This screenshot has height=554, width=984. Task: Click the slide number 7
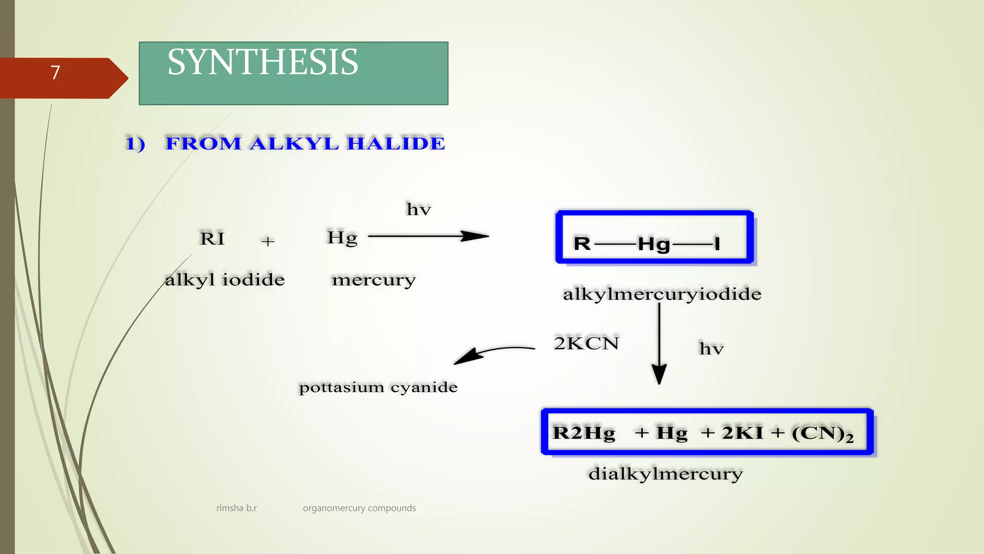(55, 73)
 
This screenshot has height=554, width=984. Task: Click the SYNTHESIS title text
(262, 63)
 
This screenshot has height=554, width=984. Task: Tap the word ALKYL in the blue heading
(294, 143)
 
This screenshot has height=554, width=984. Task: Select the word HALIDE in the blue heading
(396, 143)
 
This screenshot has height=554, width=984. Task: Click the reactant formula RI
(212, 239)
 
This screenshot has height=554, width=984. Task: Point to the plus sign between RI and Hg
(268, 241)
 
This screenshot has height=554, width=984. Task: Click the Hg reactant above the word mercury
(342, 238)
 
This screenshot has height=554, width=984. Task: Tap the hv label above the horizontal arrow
(418, 209)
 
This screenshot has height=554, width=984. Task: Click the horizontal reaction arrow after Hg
(428, 236)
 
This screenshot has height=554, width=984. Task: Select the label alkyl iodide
(224, 280)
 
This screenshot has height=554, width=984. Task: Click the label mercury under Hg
(373, 280)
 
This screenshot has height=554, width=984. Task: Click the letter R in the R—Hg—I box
(582, 244)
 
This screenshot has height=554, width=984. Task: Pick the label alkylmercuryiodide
(662, 294)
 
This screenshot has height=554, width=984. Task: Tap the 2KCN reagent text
(586, 343)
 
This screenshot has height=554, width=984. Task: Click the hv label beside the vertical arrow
(711, 348)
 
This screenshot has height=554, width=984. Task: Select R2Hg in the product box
(584, 433)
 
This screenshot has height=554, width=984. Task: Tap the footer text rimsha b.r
(236, 508)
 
